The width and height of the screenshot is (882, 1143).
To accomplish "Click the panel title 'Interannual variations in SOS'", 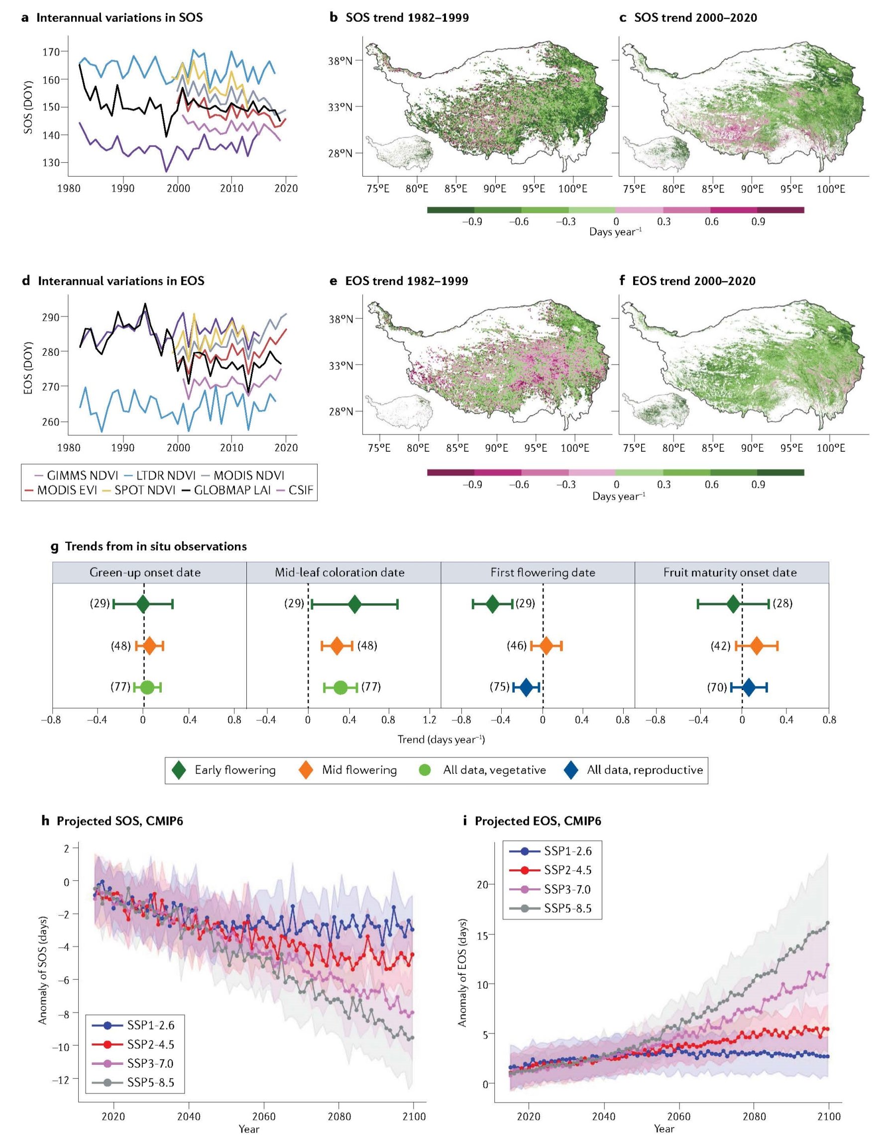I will (119, 18).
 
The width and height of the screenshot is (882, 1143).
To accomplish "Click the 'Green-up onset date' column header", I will (144, 572).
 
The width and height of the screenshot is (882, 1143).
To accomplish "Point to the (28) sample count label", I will (782, 604).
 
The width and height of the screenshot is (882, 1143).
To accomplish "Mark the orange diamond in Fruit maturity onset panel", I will (757, 646).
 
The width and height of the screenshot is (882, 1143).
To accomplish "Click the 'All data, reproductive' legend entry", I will (645, 770).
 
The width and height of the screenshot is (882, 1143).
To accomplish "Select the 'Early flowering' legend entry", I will (234, 770).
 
